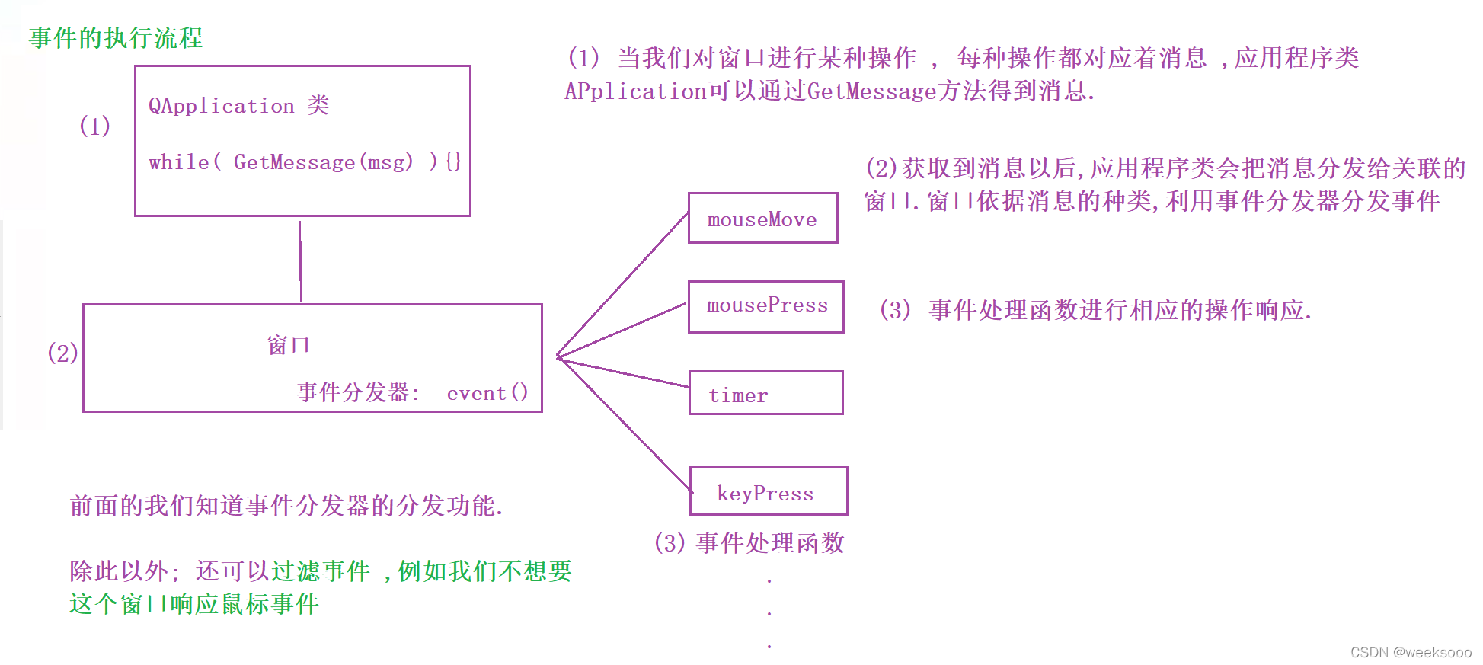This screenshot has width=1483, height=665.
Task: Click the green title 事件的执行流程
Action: click(x=116, y=38)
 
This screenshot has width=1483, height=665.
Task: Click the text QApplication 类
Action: click(x=238, y=105)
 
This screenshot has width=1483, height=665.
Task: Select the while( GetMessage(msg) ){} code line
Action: click(x=305, y=161)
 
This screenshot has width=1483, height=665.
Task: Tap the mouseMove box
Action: click(x=762, y=219)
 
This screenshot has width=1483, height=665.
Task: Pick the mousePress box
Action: click(x=765, y=306)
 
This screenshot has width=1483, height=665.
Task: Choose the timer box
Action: click(x=765, y=393)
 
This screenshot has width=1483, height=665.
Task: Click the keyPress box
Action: click(x=768, y=491)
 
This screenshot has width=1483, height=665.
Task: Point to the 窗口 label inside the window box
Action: click(x=288, y=345)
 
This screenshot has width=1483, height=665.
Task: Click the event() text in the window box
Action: click(x=487, y=393)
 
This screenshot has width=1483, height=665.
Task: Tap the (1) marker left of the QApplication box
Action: click(x=94, y=126)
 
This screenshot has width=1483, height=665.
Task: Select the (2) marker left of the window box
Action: click(x=62, y=353)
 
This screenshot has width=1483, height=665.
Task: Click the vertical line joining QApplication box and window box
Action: click(x=300, y=261)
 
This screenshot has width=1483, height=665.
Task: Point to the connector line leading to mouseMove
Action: click(x=623, y=285)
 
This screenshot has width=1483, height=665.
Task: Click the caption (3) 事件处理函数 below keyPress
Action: click(x=749, y=543)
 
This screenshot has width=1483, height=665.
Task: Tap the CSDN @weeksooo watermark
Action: click(x=1410, y=652)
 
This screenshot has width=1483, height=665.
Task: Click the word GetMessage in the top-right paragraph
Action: click(x=871, y=91)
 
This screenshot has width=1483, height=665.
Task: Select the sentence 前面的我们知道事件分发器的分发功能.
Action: click(x=286, y=506)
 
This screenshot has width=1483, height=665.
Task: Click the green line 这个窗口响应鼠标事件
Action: click(x=194, y=604)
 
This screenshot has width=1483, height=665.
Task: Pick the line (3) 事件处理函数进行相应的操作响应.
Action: click(x=1095, y=310)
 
